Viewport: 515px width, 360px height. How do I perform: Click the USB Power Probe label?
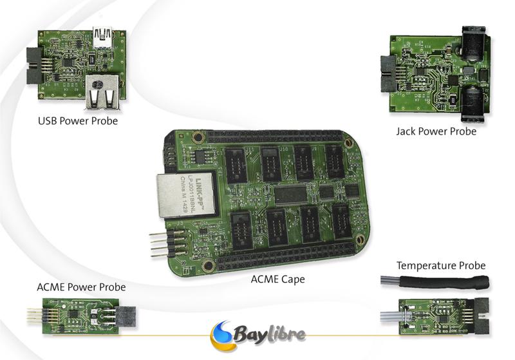coord(78,120)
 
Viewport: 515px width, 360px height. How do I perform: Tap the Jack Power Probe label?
coord(436,131)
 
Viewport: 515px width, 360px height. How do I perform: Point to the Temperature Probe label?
coord(441,265)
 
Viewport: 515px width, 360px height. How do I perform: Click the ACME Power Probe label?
coord(80,287)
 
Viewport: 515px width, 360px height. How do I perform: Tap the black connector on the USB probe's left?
coord(33,66)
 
